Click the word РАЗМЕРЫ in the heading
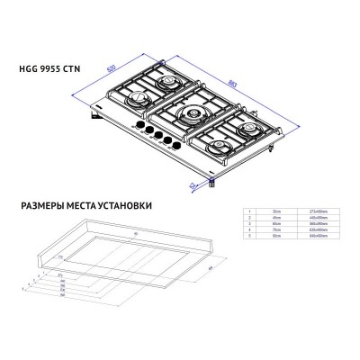pos(40,205)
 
